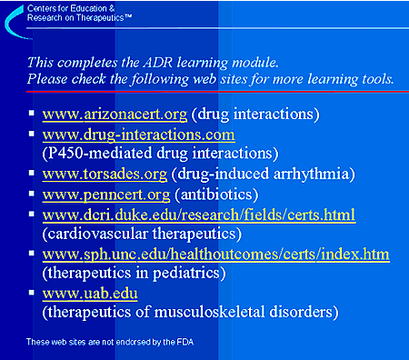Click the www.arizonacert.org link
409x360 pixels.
(115, 115)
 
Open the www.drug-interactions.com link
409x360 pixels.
(139, 135)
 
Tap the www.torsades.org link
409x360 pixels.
(105, 175)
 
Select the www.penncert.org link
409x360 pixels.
(106, 195)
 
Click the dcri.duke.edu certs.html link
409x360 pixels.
(199, 215)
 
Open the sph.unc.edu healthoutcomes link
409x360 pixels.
(216, 255)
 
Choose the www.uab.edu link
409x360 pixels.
(90, 294)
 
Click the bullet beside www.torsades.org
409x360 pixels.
(32, 173)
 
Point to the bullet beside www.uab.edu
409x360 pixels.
(32, 293)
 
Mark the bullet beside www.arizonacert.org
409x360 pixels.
(32, 113)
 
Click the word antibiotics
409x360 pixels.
(216, 195)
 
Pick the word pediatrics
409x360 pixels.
(185, 274)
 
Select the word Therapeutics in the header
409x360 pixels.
(100, 18)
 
